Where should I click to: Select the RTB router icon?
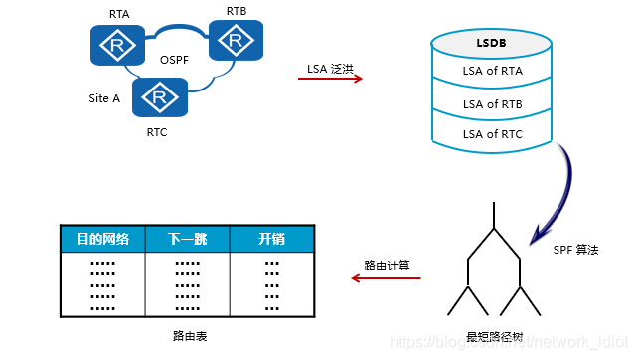tap(236, 41)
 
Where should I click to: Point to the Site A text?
tap(104, 98)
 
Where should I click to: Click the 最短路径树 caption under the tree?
tap(494, 337)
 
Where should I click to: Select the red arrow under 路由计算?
tap(387, 279)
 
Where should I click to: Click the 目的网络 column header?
tap(102, 239)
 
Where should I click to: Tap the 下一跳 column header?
tap(187, 239)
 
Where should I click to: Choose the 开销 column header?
tap(271, 239)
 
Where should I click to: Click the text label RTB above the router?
tap(237, 11)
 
